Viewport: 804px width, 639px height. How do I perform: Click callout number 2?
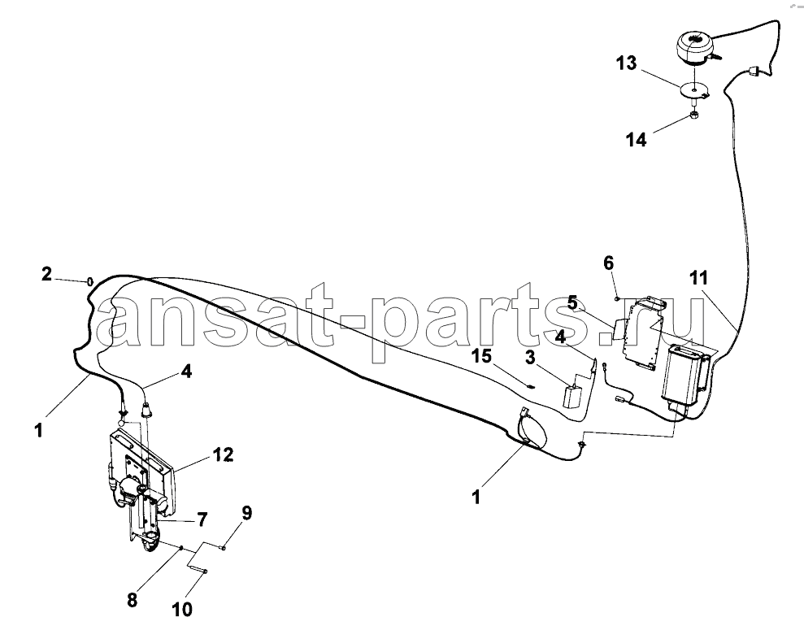pos(46,274)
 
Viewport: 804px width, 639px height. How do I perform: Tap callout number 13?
pos(627,63)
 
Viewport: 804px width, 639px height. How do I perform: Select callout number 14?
pos(637,140)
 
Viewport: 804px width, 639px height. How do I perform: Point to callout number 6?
pos(608,263)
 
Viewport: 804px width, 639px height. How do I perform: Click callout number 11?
pos(699,278)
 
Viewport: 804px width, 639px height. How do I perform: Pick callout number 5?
pos(572,303)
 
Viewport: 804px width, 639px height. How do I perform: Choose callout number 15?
pos(481,355)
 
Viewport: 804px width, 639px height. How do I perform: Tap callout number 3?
pos(529,357)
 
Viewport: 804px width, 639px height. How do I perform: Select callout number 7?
pos(202,519)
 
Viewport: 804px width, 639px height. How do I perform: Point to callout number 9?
pos(246,513)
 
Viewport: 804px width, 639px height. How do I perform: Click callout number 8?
pos(133,600)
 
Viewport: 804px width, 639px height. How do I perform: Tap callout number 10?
pos(183,610)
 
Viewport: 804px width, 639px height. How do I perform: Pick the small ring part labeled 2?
pos(90,281)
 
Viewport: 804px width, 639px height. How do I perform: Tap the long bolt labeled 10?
pos(197,567)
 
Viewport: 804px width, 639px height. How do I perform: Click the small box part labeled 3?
pos(573,396)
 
